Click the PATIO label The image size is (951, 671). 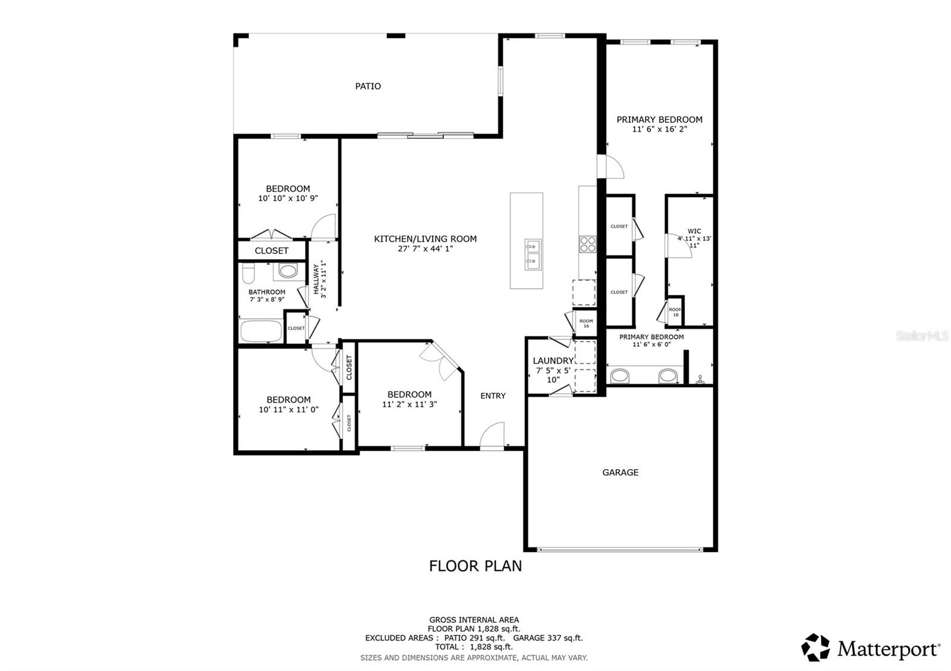point(368,86)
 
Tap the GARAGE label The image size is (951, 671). point(621,473)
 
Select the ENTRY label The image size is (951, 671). point(493,395)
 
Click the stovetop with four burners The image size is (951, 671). point(588,244)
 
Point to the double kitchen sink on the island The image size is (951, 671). point(533,255)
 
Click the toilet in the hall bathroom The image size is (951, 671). point(248,273)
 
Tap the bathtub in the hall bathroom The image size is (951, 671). point(261,331)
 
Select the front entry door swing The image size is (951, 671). point(493,434)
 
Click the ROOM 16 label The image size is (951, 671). point(586,323)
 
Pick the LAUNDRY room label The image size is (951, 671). point(553,360)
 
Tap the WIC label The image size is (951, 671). point(694,231)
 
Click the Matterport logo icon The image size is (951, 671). point(815,647)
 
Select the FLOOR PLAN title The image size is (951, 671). point(475,566)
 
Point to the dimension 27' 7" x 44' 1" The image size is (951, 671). point(426,249)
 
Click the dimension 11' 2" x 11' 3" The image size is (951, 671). point(410,404)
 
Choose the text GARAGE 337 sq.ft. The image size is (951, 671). point(547,638)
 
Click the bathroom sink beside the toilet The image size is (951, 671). point(288,271)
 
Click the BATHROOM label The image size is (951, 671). point(267,292)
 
